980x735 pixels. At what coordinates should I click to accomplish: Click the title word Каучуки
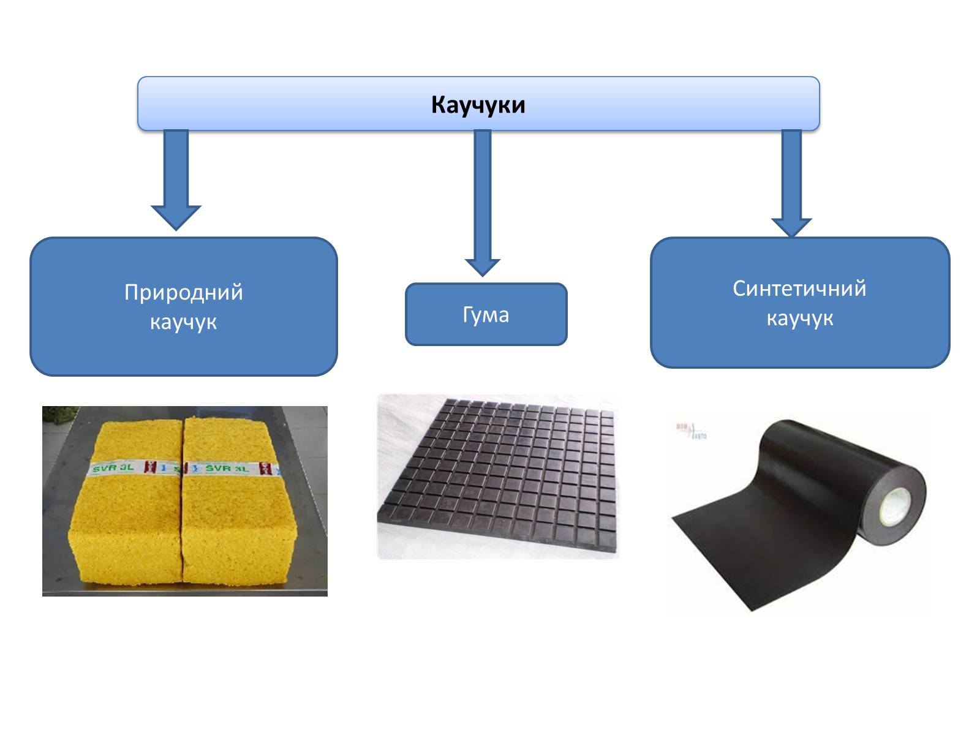478,105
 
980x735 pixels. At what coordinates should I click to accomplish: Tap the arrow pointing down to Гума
483,202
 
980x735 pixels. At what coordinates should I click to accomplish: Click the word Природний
183,292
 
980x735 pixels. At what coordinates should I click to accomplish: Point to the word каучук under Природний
183,322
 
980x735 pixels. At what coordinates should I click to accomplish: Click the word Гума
486,315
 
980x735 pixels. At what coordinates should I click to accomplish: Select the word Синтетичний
799,288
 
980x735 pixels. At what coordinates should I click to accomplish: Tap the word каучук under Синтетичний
799,318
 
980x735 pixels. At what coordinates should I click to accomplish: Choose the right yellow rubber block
239,514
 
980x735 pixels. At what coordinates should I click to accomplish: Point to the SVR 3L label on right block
227,469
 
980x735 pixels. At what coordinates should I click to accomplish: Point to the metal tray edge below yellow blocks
184,589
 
